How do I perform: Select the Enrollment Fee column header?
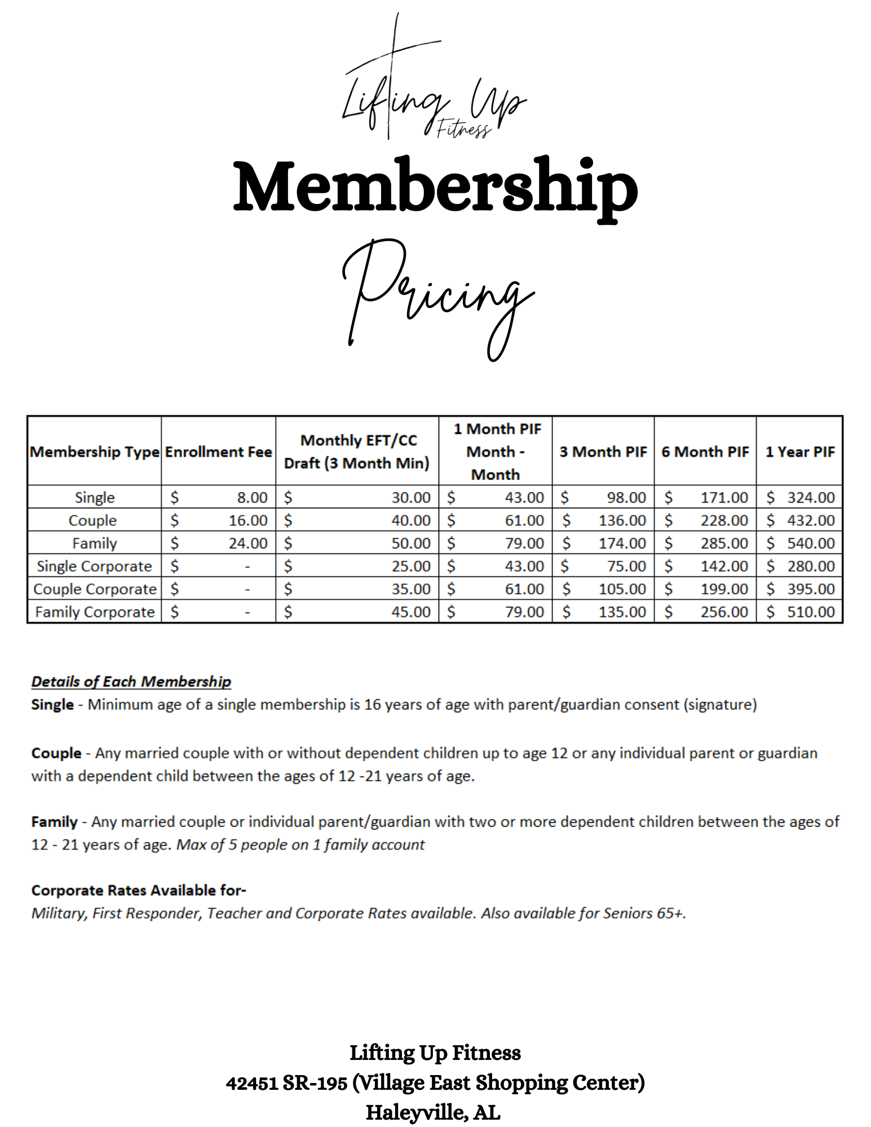point(219,451)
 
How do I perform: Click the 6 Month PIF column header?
point(705,451)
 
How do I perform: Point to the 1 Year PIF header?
point(799,451)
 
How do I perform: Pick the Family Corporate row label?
point(95,612)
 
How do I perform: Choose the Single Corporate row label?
point(95,566)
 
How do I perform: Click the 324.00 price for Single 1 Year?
point(811,498)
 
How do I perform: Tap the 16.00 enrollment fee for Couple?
point(248,521)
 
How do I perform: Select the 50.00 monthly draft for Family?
point(411,543)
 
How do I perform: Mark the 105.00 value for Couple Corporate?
point(622,589)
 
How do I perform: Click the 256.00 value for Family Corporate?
point(724,612)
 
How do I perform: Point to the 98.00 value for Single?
point(626,498)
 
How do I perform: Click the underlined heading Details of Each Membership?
point(131,681)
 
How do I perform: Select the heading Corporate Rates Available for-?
point(139,890)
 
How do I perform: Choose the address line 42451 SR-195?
point(286,1082)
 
